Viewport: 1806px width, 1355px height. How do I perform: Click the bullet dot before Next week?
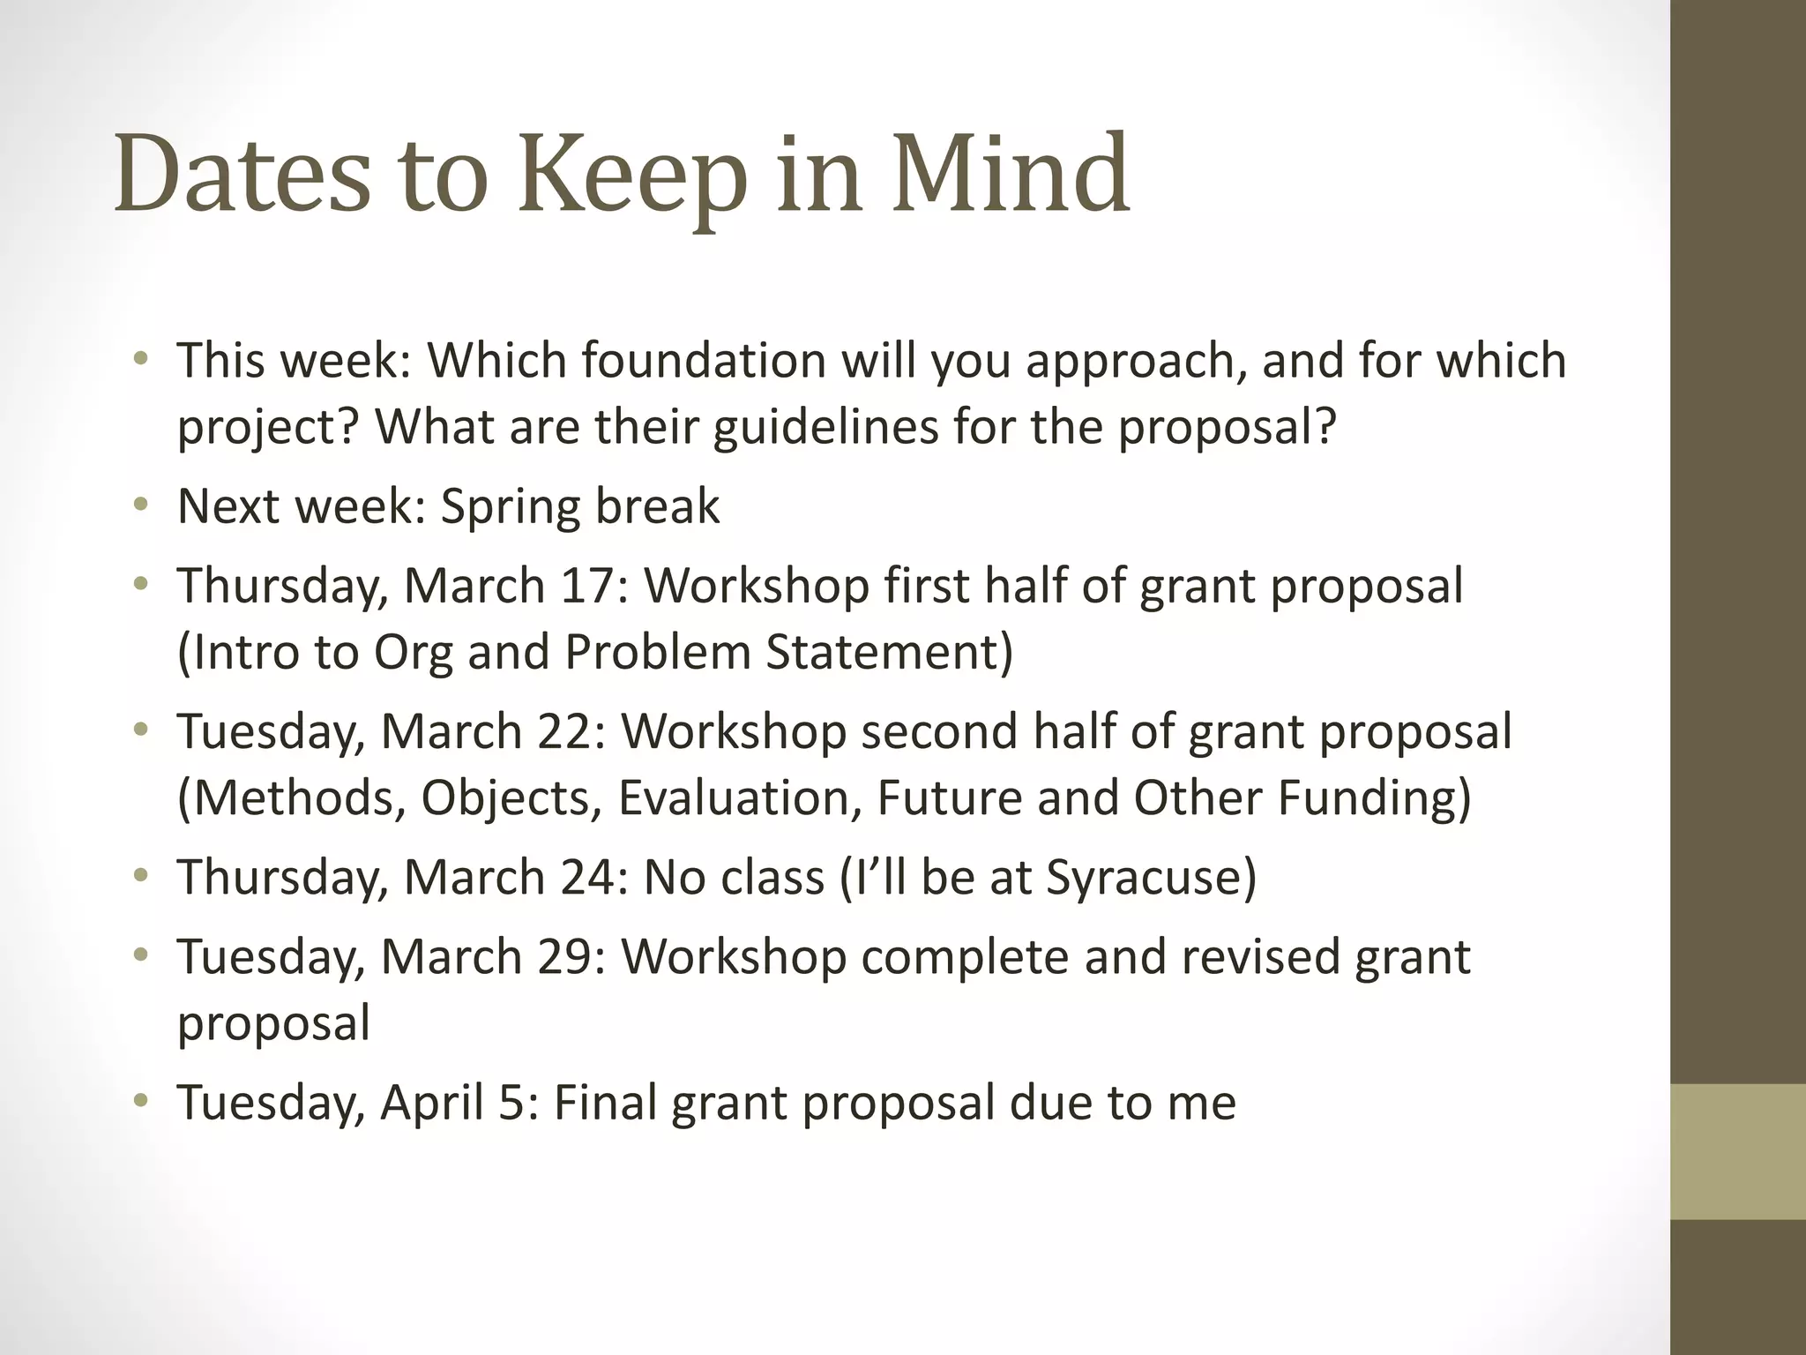(x=140, y=505)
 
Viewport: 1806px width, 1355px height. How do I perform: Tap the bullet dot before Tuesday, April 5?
(x=140, y=1101)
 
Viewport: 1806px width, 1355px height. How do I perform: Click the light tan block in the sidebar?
(x=1738, y=1151)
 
